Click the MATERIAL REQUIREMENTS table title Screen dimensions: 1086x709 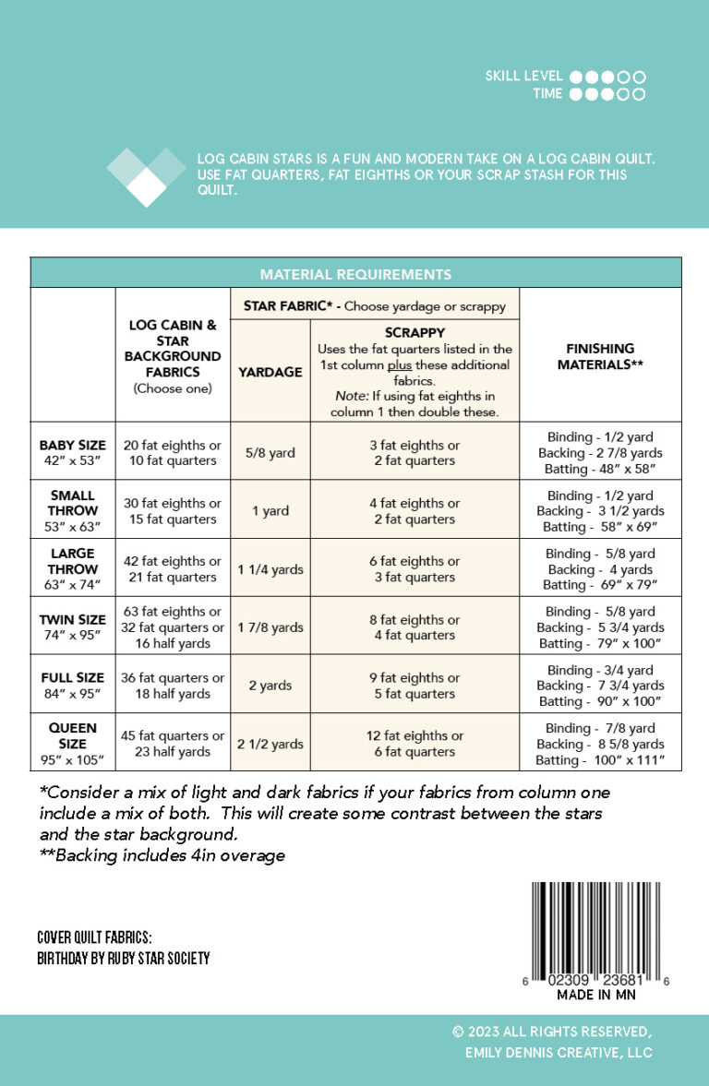point(355,274)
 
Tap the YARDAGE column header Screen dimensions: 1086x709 point(270,372)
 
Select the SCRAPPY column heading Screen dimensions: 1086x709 point(414,332)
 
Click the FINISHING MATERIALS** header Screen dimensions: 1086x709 point(600,356)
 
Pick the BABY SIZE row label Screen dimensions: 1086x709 point(73,452)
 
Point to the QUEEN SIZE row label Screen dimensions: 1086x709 point(73,744)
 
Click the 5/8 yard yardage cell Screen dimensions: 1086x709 point(270,453)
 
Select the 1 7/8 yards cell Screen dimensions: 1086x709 point(270,627)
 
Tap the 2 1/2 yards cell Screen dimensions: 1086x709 point(270,744)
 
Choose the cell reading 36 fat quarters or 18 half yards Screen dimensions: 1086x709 point(174,686)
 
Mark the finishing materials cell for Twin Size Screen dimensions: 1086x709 point(600,627)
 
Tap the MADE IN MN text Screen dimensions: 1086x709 point(596,996)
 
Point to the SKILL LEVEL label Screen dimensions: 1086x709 point(525,77)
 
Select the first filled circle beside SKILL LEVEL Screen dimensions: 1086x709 point(577,78)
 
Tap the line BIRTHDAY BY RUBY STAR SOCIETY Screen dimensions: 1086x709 point(124,959)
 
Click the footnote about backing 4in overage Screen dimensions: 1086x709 point(162,855)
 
